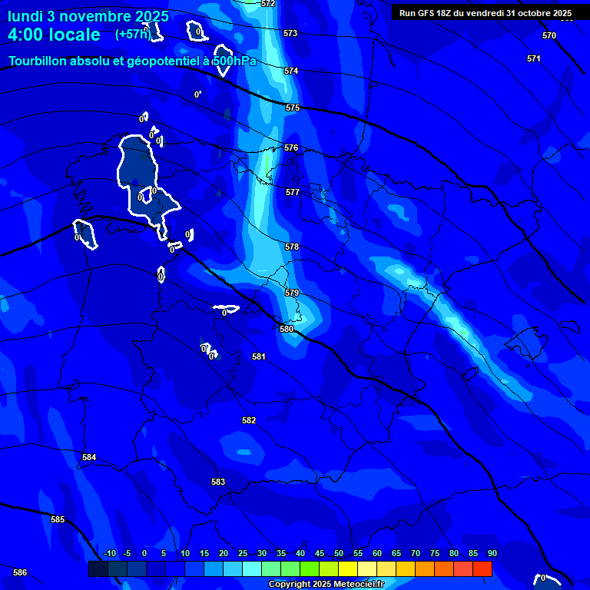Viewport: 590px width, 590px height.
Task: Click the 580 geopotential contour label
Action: (287, 329)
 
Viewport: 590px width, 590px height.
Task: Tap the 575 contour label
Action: (292, 108)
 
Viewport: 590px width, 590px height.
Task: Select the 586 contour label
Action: (20, 572)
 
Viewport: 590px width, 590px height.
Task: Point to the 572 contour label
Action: (268, 4)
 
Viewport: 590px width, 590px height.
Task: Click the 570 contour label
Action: (549, 36)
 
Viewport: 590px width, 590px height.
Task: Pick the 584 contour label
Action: (89, 457)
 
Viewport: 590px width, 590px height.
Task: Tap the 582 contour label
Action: (249, 420)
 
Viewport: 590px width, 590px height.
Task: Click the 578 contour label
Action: (292, 247)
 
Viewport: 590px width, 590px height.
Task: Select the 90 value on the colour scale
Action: (492, 554)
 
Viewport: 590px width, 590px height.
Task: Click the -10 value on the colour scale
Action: (109, 554)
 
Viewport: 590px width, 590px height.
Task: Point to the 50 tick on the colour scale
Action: (339, 554)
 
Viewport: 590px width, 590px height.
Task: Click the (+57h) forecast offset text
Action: (133, 35)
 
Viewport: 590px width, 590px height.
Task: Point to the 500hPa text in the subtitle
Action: (234, 61)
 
